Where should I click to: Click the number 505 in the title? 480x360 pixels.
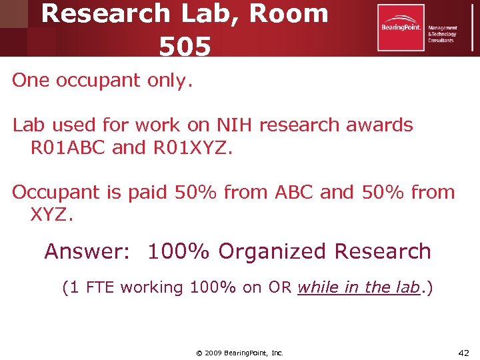click(x=185, y=45)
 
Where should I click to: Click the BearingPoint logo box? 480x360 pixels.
click(x=401, y=27)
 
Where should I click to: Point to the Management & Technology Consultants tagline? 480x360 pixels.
click(x=442, y=30)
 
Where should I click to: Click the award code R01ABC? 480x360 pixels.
click(x=68, y=147)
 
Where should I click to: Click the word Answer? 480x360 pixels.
click(x=91, y=251)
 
